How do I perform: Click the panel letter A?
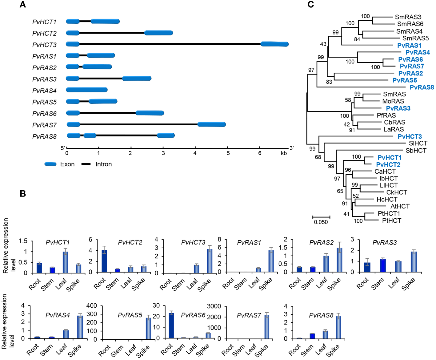[x=23, y=5]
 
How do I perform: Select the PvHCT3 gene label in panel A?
[x=44, y=45]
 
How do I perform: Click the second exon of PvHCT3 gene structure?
[x=274, y=44]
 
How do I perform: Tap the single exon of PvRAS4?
[x=87, y=90]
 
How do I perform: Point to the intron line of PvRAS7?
[x=138, y=124]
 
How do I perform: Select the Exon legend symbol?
[x=50, y=164]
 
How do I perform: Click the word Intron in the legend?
[x=103, y=164]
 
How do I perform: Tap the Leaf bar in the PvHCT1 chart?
[x=65, y=262]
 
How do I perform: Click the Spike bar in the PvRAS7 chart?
[x=267, y=326]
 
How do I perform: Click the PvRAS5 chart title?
[x=130, y=315]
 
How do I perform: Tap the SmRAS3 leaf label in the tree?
[x=408, y=17]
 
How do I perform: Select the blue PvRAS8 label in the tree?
[x=422, y=87]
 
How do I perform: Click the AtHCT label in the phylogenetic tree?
[x=400, y=206]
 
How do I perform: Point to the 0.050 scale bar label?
[x=321, y=222]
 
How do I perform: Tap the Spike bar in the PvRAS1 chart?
[x=271, y=261]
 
